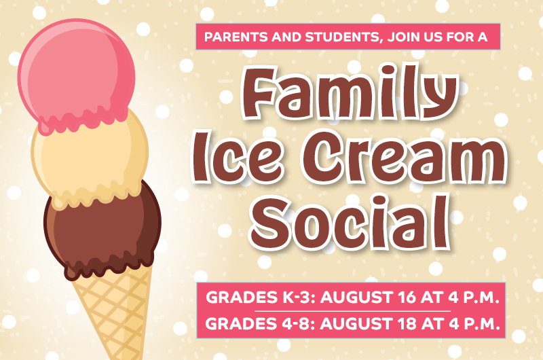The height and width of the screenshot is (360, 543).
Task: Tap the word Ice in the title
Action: tap(238, 158)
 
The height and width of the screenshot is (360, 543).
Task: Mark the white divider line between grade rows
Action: tap(352, 311)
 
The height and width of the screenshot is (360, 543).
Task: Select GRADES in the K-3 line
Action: tap(240, 298)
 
